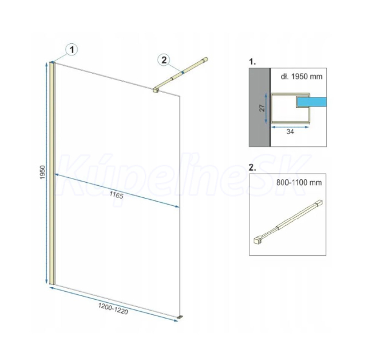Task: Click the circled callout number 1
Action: [x=72, y=50]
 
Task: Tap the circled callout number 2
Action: [x=164, y=60]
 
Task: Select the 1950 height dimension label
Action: [x=43, y=172]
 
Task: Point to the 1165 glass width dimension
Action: [x=116, y=195]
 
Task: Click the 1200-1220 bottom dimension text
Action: [x=113, y=308]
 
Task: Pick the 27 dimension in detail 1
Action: [x=262, y=108]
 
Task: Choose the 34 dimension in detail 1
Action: [x=290, y=132]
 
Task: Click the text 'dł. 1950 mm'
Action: [x=302, y=77]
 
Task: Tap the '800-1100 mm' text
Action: [x=299, y=182]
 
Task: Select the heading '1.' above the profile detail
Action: [x=252, y=62]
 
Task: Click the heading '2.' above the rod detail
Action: [x=252, y=168]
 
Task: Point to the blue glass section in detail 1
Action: [x=311, y=102]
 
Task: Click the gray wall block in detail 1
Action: [x=260, y=107]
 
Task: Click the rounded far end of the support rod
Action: [x=205, y=60]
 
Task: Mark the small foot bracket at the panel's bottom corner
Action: [x=180, y=317]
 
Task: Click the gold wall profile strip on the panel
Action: [x=52, y=173]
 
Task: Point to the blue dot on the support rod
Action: [x=182, y=72]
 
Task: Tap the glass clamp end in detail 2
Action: [x=257, y=241]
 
